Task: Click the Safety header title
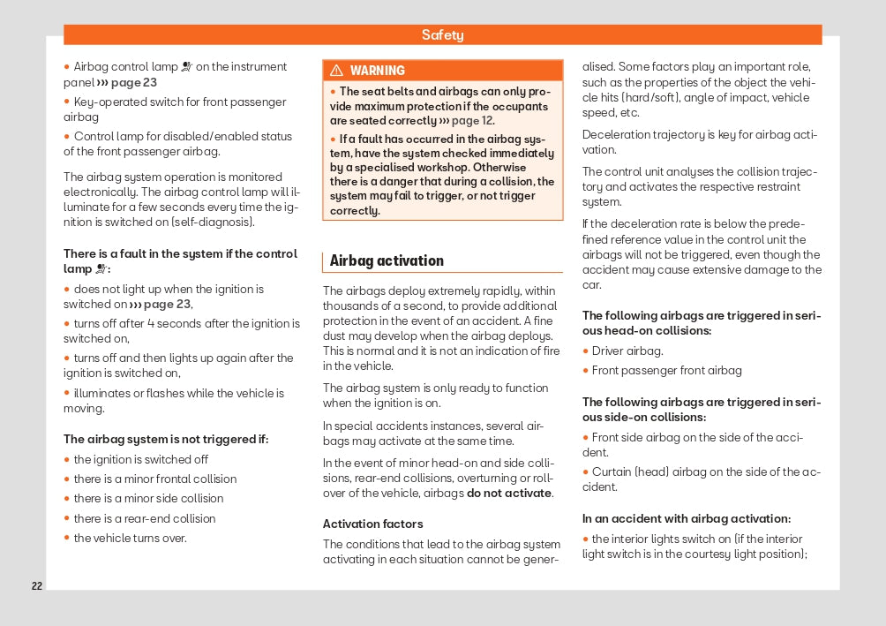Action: pos(442,35)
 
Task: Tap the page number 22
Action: pos(36,586)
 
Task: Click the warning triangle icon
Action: pos(336,71)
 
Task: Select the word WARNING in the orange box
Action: pos(377,71)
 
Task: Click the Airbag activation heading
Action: pos(387,260)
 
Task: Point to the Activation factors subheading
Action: pos(372,524)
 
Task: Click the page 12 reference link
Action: pos(472,121)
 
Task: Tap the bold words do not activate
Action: pos(509,493)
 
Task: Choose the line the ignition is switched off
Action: pos(141,459)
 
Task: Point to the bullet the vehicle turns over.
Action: pos(130,538)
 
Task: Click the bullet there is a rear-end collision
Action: pos(145,518)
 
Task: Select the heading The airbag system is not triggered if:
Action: pos(166,439)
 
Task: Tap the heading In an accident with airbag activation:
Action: pos(687,518)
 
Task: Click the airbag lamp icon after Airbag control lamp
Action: pos(186,67)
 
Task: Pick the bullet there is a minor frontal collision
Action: pos(155,479)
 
